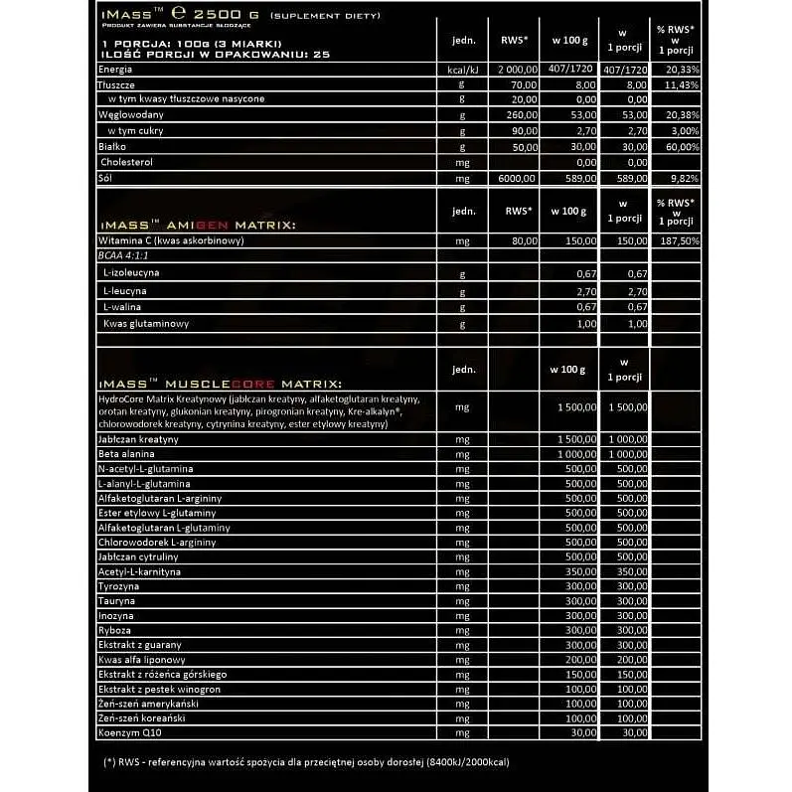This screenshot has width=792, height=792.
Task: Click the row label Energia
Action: (116, 70)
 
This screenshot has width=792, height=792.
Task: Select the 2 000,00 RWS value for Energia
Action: (516, 70)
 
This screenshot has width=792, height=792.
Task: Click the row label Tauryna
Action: (117, 601)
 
